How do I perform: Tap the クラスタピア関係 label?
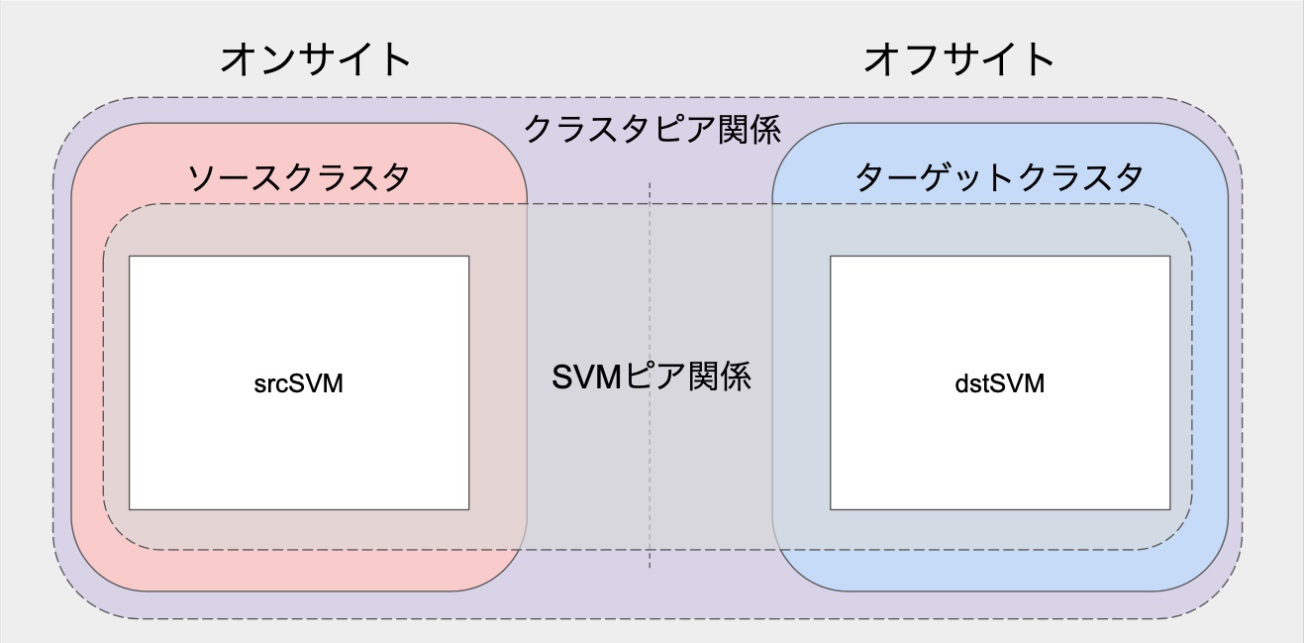click(652, 130)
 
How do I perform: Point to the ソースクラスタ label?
click(298, 179)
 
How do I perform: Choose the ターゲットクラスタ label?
click(999, 179)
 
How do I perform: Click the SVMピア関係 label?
click(651, 377)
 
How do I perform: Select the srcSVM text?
click(298, 384)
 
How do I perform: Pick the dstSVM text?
click(999, 384)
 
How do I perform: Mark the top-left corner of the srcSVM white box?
click(130, 257)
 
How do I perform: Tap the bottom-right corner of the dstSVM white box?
click(1169, 509)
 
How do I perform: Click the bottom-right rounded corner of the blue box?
click(1212, 575)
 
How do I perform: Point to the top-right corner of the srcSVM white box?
click(468, 257)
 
